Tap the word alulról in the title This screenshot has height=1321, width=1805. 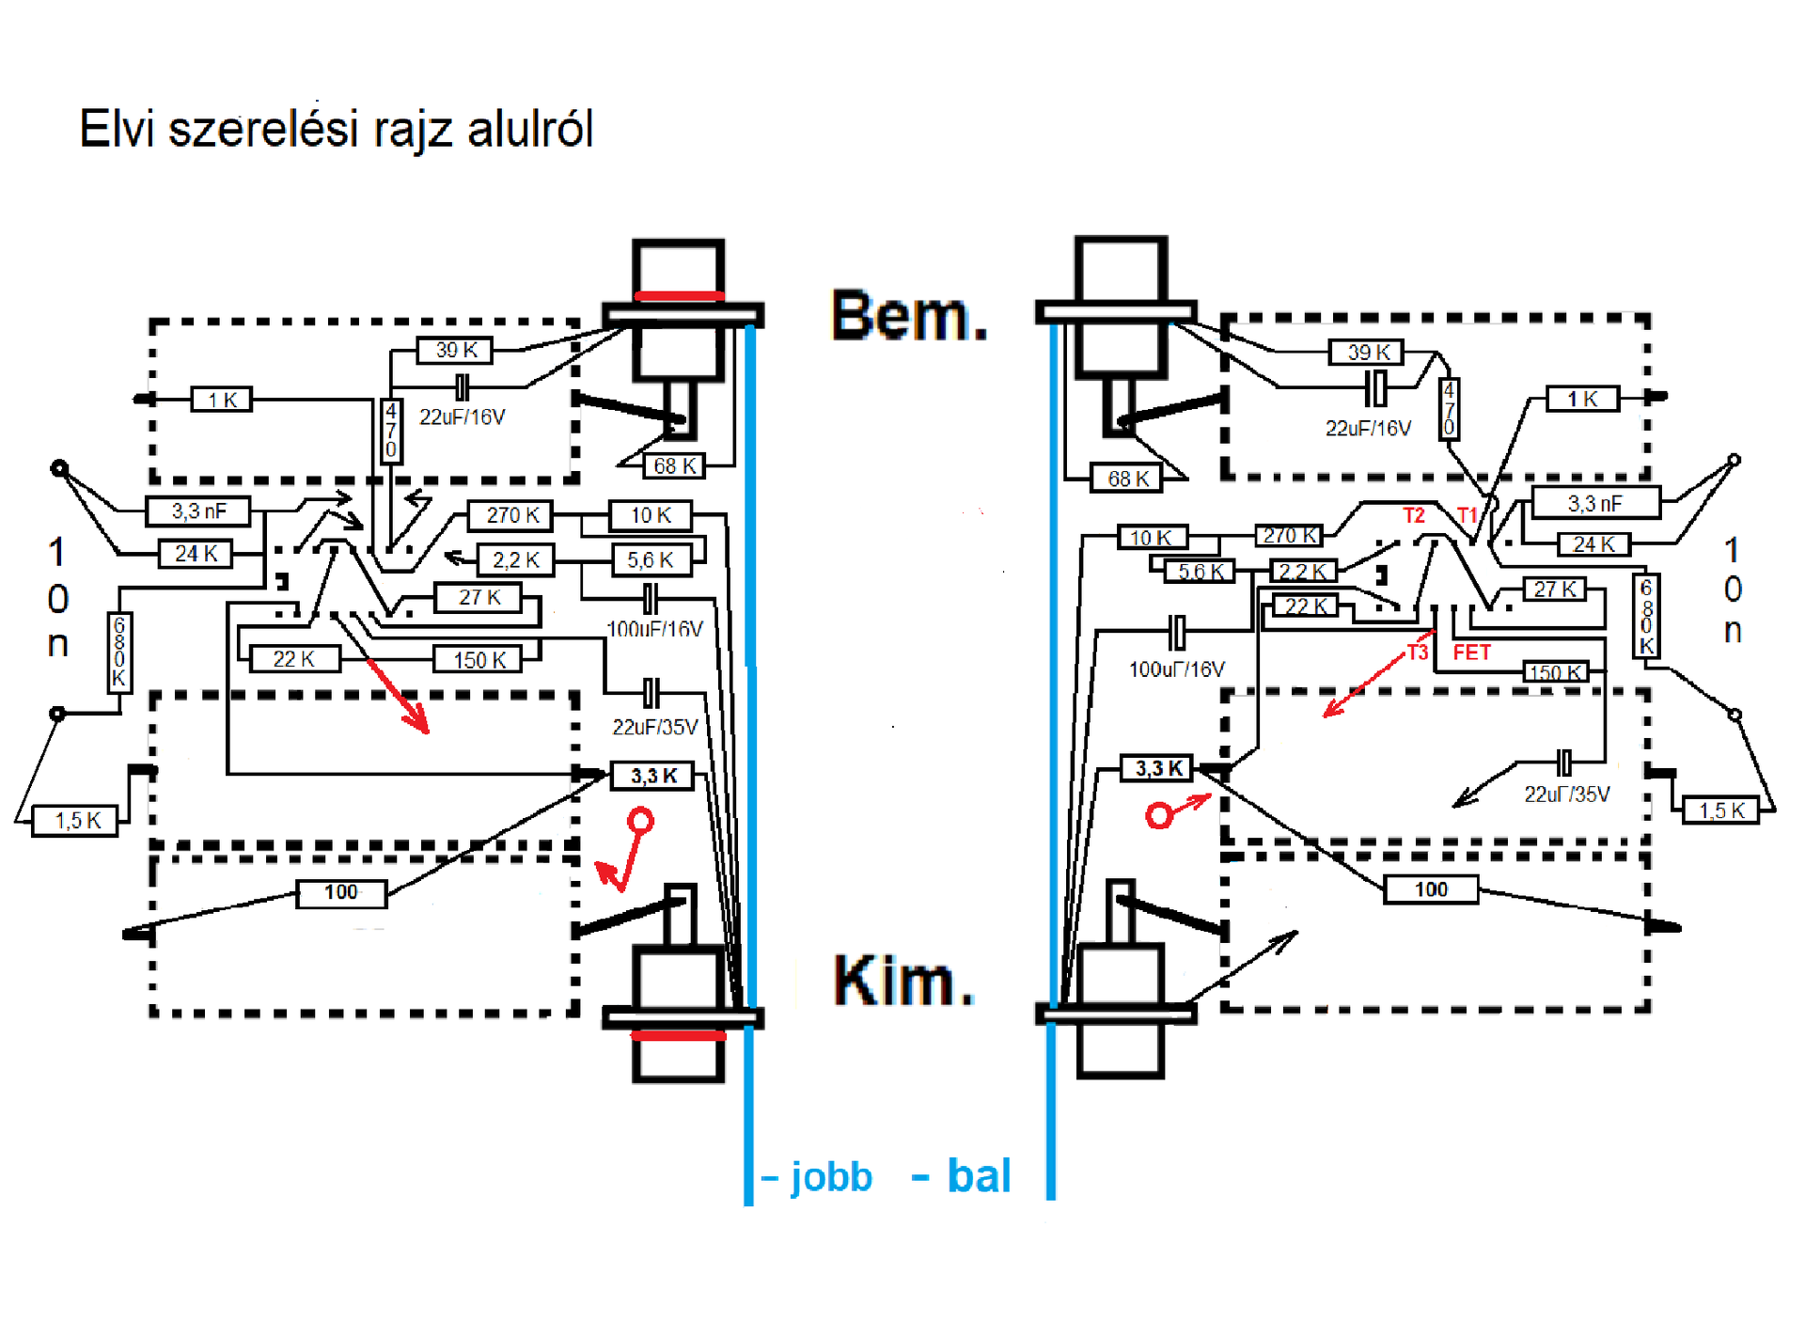point(530,129)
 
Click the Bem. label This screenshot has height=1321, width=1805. point(909,316)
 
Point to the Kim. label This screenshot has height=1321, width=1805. point(903,981)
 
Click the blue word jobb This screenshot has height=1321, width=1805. point(831,1177)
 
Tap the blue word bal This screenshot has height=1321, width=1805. point(979,1176)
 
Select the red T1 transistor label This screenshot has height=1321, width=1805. point(1468,515)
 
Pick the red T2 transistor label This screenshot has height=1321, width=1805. point(1414,515)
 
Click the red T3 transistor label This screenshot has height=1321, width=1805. point(1417,653)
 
